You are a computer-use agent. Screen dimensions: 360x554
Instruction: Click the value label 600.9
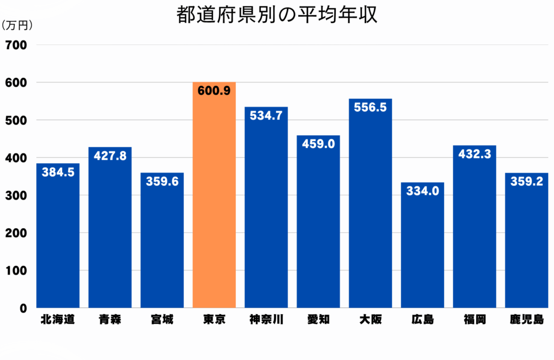[214, 91]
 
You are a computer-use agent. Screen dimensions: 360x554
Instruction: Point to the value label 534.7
[266, 116]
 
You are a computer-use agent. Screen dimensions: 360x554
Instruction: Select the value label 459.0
[318, 145]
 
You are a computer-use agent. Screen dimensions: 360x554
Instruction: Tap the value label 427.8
[110, 156]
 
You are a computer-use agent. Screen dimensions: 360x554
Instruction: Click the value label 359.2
[526, 182]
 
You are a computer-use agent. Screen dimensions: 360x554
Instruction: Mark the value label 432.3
[474, 154]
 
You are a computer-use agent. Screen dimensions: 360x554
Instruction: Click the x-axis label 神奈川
[266, 319]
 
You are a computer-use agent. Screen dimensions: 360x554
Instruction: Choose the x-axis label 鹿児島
[526, 319]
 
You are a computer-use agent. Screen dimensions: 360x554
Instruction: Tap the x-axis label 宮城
[162, 319]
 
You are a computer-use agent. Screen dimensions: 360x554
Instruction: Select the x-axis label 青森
[110, 319]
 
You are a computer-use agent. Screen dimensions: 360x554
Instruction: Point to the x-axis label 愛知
[318, 319]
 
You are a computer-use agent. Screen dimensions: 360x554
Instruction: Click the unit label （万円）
[18, 25]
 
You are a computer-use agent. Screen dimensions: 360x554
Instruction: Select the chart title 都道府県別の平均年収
[276, 15]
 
